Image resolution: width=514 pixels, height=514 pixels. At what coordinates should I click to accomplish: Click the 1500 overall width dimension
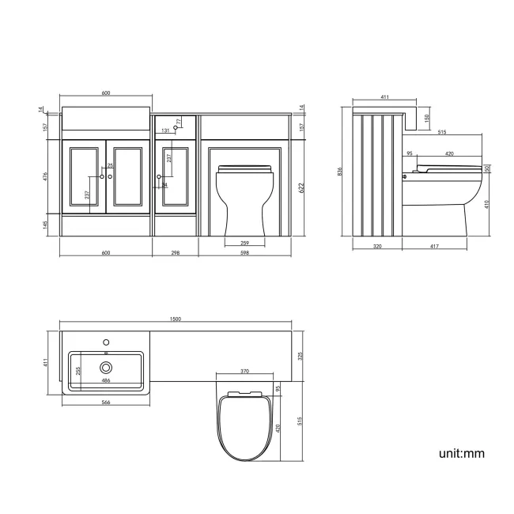point(176,319)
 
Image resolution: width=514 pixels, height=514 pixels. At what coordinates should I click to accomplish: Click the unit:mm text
point(462,453)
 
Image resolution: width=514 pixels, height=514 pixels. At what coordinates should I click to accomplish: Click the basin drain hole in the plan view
point(106,366)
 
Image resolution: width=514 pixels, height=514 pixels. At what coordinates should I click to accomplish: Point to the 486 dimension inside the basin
point(106,381)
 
